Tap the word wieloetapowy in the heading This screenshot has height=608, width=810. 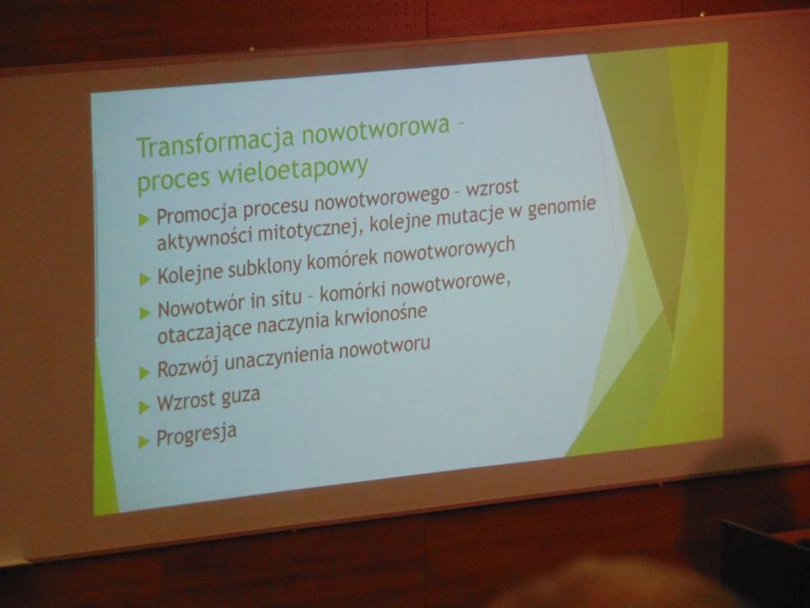pyautogui.click(x=293, y=170)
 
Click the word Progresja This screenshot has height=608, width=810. pyautogui.click(x=197, y=434)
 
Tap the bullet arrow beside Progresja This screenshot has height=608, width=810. pyautogui.click(x=144, y=442)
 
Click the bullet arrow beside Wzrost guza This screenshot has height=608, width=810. pyautogui.click(x=144, y=408)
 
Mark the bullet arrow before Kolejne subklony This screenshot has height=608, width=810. pyautogui.click(x=144, y=280)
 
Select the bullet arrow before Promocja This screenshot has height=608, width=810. pyautogui.click(x=144, y=219)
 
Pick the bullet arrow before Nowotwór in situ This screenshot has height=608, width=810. pyautogui.click(x=144, y=313)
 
